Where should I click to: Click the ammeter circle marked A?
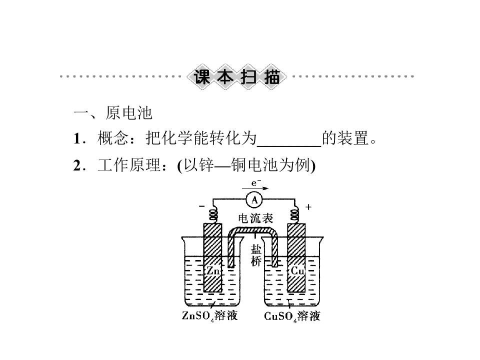click(254, 200)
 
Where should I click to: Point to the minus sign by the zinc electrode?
click(201, 206)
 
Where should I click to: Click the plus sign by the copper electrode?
click(308, 207)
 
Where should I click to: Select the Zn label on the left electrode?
click(213, 270)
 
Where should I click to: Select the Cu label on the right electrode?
click(297, 270)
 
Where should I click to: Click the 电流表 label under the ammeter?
click(255, 218)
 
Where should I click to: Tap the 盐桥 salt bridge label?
click(256, 255)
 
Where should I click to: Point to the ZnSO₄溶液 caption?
click(209, 315)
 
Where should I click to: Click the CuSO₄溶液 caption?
click(292, 316)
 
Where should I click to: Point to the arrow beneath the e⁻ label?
click(255, 188)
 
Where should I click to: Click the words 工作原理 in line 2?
click(129, 165)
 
